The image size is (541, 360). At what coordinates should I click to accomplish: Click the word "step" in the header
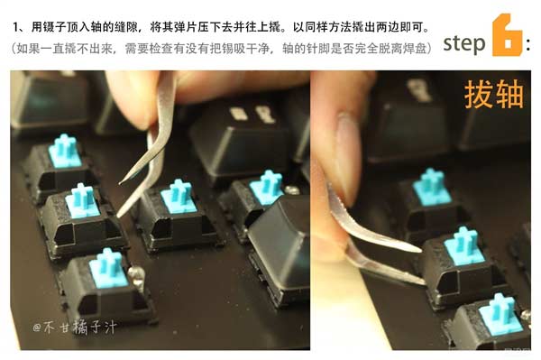pos(463,42)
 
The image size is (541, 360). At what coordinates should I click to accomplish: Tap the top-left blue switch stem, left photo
pos(65,151)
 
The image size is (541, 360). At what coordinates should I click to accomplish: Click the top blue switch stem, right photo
pos(431,187)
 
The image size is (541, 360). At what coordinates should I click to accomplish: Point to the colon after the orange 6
pos(527,43)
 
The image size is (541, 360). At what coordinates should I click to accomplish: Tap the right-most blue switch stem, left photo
pos(267,186)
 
